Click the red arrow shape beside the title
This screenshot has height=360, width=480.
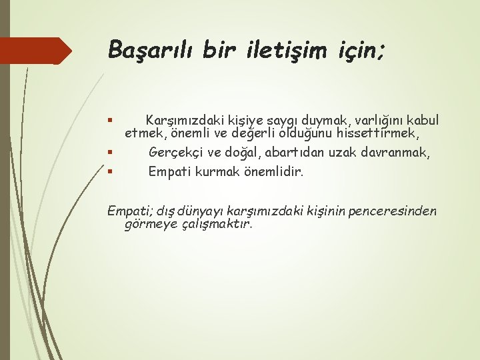tap(36, 51)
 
